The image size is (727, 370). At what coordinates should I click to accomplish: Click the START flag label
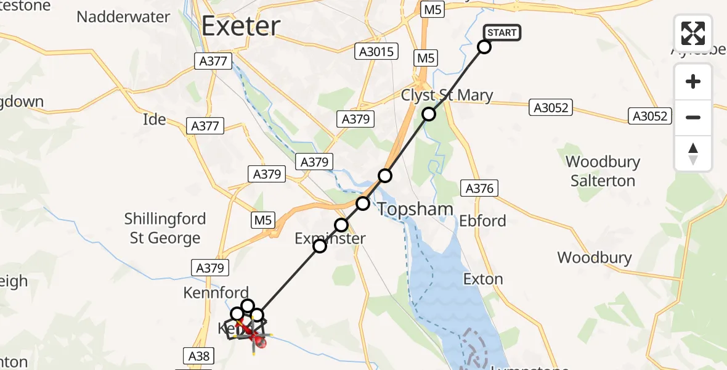502,33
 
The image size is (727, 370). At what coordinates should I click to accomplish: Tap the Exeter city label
241,27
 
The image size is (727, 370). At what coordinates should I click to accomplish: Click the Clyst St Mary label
447,96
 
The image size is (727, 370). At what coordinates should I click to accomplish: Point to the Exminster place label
330,239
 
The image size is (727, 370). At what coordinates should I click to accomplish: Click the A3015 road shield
376,52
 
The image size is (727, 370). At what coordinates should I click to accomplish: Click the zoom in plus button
693,81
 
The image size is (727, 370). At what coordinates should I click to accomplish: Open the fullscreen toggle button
693,33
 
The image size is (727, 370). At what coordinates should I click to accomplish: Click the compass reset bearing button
693,154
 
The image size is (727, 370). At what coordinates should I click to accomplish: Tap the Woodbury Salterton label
603,171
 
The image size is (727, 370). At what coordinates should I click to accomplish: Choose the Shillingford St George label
165,228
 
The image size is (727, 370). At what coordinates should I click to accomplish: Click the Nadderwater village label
123,17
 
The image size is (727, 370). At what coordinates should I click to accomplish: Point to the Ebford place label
483,221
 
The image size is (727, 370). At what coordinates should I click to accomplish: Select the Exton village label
483,279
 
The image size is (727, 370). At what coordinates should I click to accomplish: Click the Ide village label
155,119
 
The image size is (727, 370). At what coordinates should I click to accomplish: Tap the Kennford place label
216,293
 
